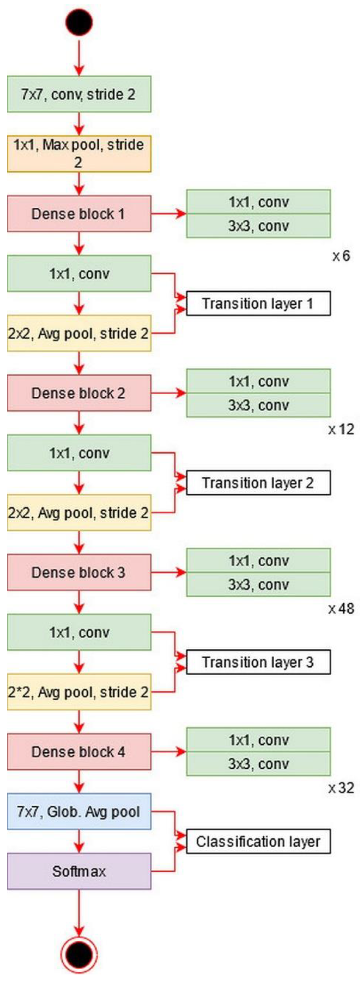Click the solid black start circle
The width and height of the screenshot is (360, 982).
click(x=79, y=22)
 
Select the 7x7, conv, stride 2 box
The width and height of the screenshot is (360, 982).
click(x=79, y=94)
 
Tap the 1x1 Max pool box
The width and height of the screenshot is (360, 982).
click(x=79, y=154)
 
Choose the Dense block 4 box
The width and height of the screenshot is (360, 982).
click(x=79, y=752)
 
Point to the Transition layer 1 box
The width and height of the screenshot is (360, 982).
click(x=258, y=303)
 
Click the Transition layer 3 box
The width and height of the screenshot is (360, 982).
click(x=258, y=662)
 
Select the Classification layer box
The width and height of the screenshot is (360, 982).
click(x=258, y=841)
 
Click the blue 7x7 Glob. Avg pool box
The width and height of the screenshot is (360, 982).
click(x=79, y=812)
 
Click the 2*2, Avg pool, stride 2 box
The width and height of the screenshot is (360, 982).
click(x=79, y=692)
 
